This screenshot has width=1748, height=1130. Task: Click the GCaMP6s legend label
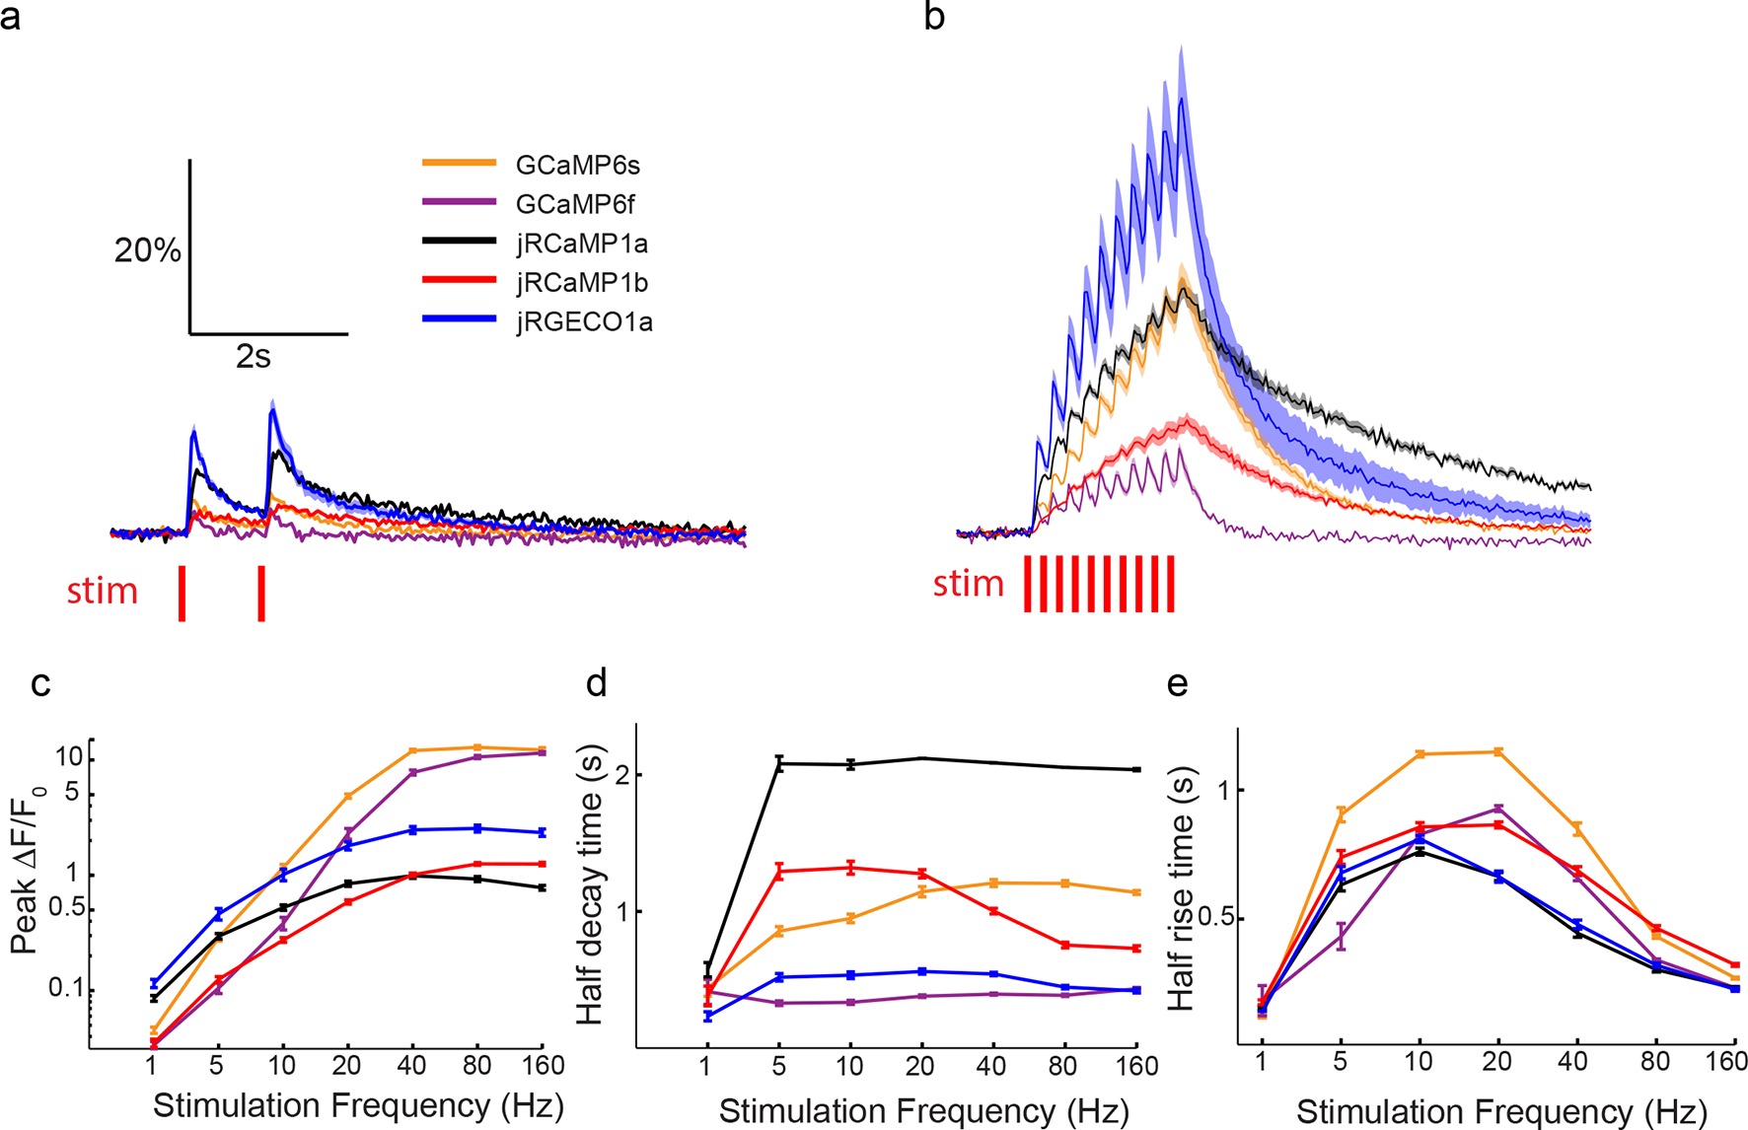click(x=577, y=165)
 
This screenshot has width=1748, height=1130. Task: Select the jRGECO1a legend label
click(x=583, y=322)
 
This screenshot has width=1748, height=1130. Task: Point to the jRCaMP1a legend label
click(x=581, y=244)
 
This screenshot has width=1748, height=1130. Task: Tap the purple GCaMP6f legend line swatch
click(x=459, y=203)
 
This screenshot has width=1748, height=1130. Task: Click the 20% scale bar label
click(x=147, y=250)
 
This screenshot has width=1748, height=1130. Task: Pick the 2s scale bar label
click(x=254, y=357)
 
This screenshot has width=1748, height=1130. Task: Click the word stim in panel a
click(x=102, y=591)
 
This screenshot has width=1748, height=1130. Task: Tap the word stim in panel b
click(x=968, y=584)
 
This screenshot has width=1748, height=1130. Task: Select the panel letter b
click(x=934, y=17)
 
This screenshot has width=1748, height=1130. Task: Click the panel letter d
click(x=596, y=682)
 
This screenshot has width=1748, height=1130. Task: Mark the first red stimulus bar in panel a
click(x=182, y=593)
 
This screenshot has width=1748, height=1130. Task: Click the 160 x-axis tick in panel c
click(x=543, y=1066)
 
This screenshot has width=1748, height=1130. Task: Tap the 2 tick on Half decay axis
click(x=621, y=775)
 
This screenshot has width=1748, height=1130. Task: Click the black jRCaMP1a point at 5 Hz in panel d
click(x=779, y=763)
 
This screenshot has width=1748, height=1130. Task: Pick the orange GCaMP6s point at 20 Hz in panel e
click(x=1497, y=751)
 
